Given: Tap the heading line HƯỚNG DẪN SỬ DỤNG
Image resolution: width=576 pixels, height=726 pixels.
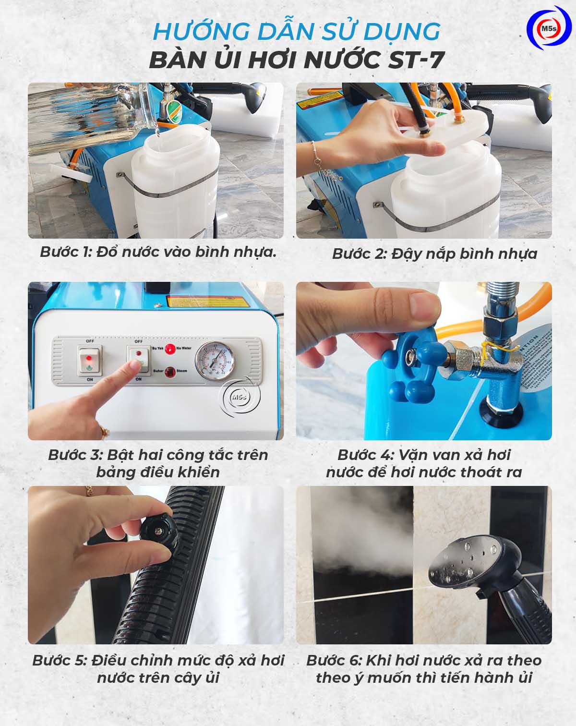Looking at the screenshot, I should click(296, 32).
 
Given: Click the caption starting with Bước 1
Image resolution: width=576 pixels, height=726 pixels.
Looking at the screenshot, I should click(158, 252).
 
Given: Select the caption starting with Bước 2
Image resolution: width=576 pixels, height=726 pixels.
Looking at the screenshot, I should click(434, 254).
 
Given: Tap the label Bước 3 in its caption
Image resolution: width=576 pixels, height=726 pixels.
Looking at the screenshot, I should click(75, 455).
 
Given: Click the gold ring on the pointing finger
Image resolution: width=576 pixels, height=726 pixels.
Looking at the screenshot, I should click(104, 430).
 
